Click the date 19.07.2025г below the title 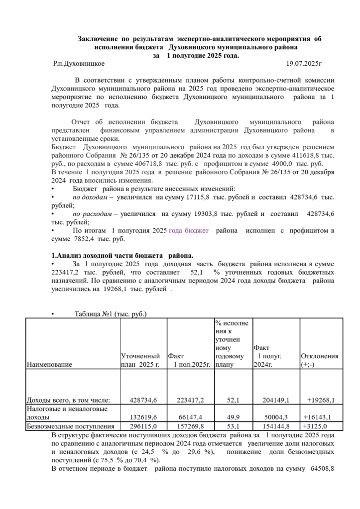click(x=305, y=64)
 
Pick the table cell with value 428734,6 click(x=143, y=400)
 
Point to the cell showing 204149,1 click(x=273, y=400)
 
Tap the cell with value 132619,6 click(x=143, y=417)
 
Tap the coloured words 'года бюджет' click(x=189, y=231)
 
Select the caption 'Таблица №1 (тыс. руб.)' click(x=110, y=314)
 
